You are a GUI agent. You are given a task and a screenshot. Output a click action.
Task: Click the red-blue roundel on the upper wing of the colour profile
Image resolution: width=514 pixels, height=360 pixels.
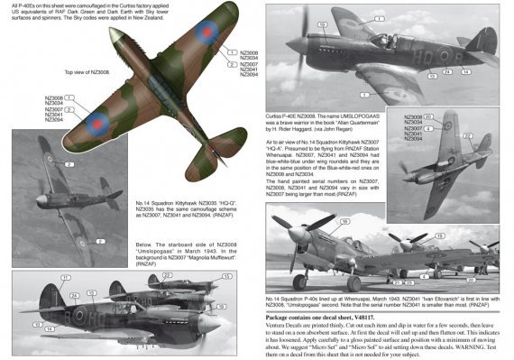click(207, 33)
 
